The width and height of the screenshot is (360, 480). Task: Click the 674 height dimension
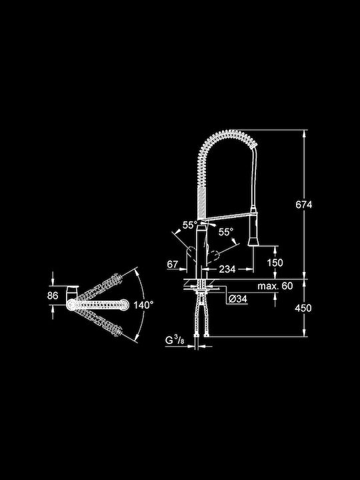click(x=304, y=205)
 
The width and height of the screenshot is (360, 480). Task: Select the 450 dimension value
click(x=303, y=308)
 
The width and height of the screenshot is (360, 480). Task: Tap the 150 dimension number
click(x=275, y=263)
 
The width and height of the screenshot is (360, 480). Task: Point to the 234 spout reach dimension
click(x=227, y=269)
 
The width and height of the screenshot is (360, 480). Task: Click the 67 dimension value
click(x=173, y=264)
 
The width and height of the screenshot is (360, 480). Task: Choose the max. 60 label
click(x=275, y=286)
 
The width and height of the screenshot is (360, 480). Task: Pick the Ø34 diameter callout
click(x=238, y=299)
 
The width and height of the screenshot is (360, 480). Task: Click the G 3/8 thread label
click(x=175, y=340)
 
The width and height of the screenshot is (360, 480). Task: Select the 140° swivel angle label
click(x=143, y=305)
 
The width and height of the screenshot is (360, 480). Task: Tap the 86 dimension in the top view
click(x=53, y=296)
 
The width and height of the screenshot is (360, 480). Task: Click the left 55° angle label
click(x=190, y=225)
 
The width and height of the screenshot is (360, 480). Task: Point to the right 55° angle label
click(x=225, y=232)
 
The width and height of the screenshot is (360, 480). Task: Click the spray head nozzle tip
click(x=253, y=243)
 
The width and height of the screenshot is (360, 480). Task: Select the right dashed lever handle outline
click(x=214, y=255)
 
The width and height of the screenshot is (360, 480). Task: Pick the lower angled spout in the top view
click(x=98, y=321)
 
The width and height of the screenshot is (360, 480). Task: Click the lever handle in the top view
click(x=72, y=293)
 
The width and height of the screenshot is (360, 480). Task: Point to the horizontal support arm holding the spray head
click(x=228, y=217)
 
